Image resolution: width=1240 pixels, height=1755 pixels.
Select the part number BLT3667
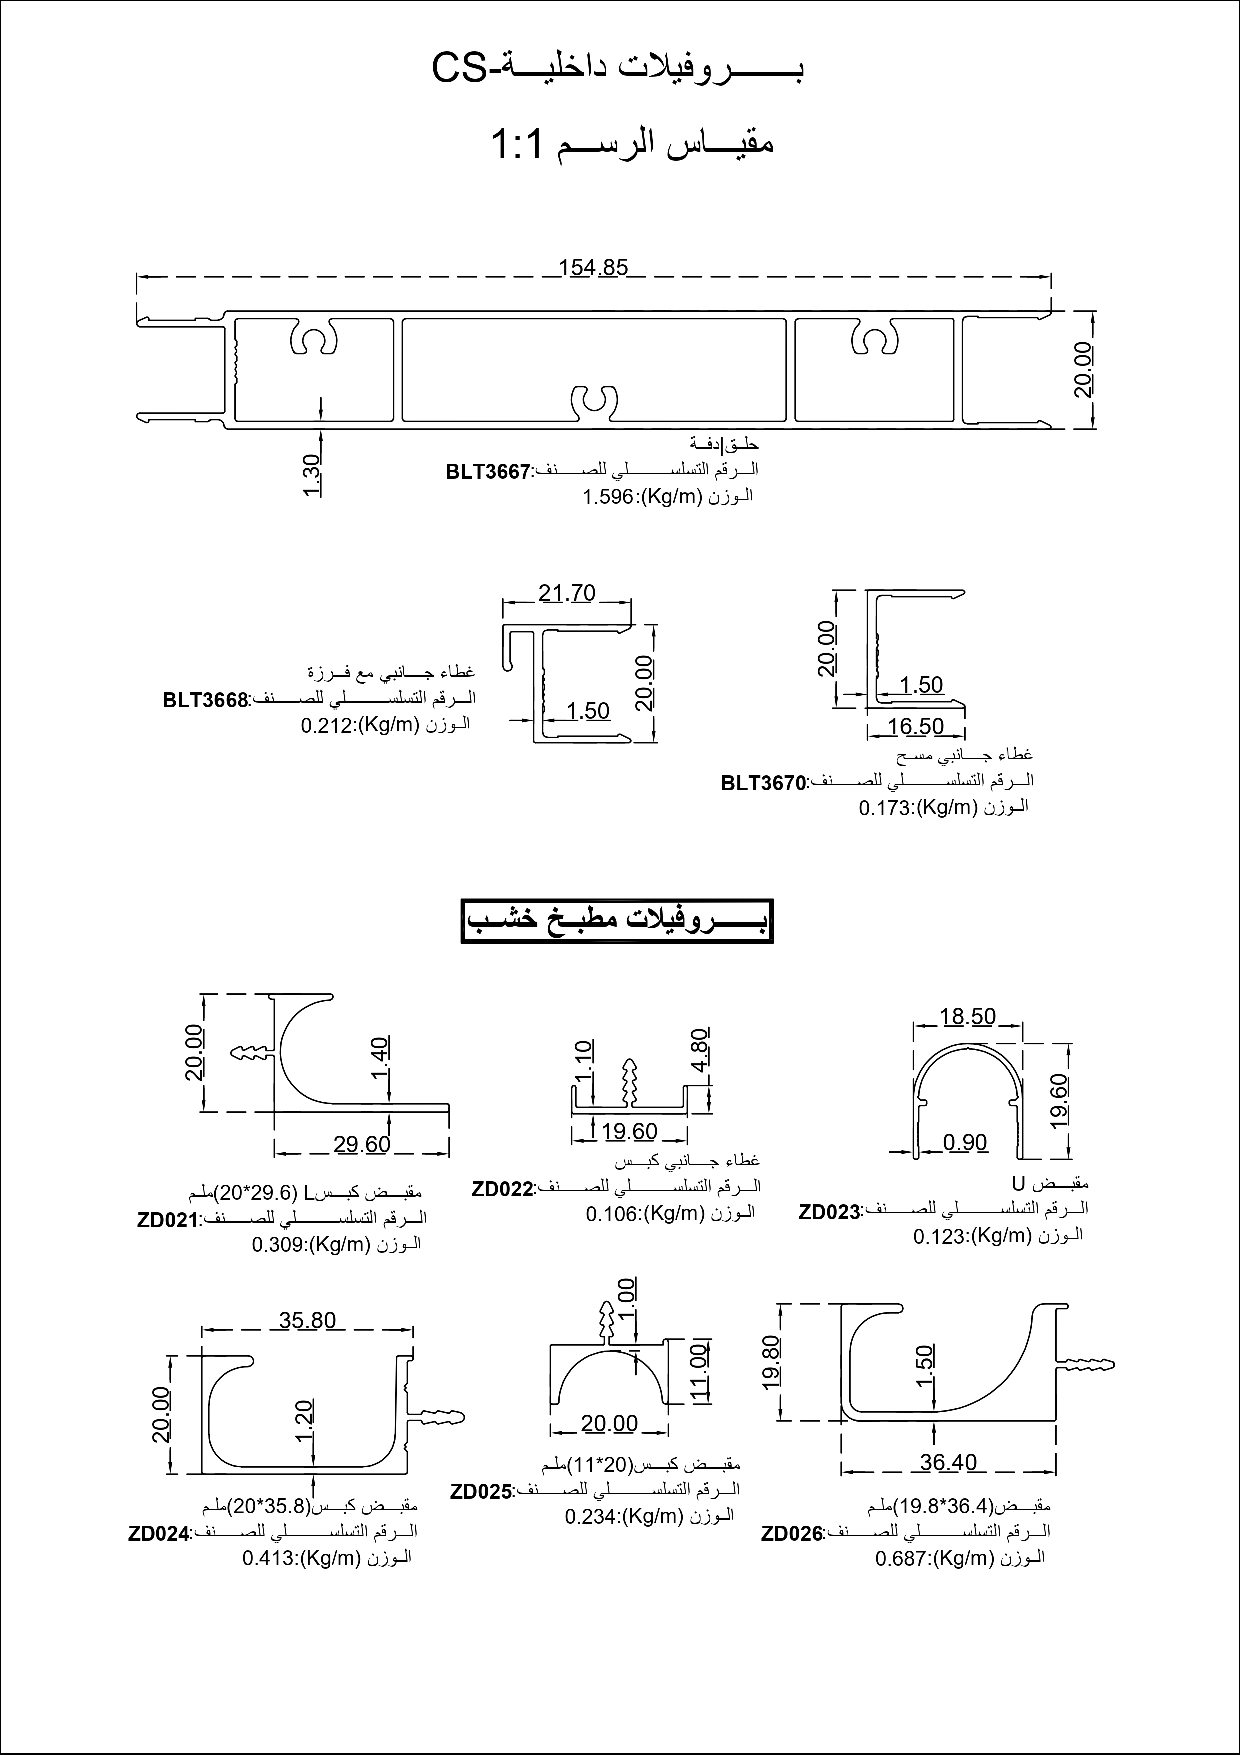point(487,472)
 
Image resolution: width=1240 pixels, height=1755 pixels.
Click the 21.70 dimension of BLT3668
point(566,593)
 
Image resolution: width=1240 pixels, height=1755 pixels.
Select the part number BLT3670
point(763,784)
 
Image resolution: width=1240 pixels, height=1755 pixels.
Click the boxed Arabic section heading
point(617,921)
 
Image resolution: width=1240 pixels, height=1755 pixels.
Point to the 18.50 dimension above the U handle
point(967,1017)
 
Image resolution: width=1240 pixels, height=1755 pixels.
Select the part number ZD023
point(829,1213)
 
